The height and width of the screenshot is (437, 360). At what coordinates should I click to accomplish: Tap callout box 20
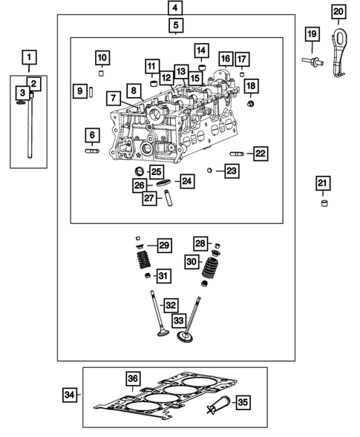point(338,12)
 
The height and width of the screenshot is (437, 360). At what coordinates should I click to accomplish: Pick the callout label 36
point(132,379)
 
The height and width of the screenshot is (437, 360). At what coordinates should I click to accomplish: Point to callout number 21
point(321,183)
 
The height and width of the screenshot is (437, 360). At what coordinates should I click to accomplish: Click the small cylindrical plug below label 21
point(323,203)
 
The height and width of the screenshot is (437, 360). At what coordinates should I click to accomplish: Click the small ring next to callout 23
point(210,171)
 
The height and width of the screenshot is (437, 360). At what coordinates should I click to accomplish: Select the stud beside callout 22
point(237,154)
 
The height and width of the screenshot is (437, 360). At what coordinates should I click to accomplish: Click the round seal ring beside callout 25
point(139,173)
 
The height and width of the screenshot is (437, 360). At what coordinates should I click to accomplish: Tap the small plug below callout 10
point(102,73)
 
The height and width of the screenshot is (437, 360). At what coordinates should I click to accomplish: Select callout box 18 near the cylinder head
point(250,86)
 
